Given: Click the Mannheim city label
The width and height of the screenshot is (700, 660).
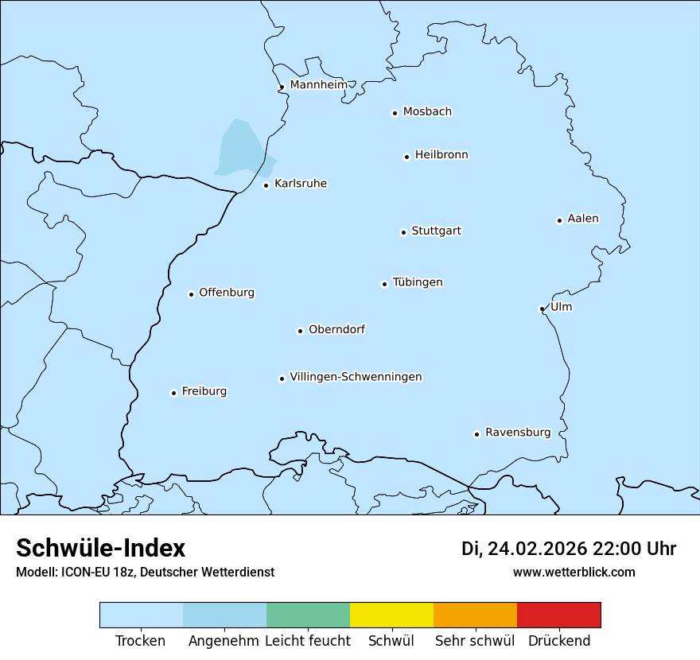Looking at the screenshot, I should click(318, 85).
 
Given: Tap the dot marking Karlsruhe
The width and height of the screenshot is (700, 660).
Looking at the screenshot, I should click(266, 185).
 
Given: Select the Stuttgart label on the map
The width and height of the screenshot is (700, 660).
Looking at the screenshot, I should click(436, 231).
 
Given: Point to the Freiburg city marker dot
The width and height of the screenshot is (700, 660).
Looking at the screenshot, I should click(173, 393).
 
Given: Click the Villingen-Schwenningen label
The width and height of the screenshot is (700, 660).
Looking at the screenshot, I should click(356, 377).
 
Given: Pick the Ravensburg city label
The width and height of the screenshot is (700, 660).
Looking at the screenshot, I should click(518, 433).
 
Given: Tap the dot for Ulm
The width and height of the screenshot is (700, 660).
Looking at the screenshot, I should click(542, 309).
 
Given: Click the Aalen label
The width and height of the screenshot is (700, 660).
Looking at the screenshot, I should click(583, 219).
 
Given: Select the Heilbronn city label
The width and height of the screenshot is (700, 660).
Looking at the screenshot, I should click(441, 155).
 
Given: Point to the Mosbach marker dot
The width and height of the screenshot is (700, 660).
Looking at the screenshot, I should click(395, 113).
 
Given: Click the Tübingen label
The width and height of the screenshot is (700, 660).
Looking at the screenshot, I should click(418, 282).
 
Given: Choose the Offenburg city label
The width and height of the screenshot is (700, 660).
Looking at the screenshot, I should click(227, 293).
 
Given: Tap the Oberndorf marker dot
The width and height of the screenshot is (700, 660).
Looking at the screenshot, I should click(300, 331).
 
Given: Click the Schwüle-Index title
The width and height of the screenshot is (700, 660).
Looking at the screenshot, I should click(101, 548).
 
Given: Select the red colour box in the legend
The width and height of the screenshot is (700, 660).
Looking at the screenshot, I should click(558, 615).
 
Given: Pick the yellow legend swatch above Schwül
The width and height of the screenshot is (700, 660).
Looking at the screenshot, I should click(391, 615).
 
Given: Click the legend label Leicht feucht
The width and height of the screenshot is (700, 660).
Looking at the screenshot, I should click(308, 641).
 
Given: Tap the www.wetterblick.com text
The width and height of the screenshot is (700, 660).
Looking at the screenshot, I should click(574, 572).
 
